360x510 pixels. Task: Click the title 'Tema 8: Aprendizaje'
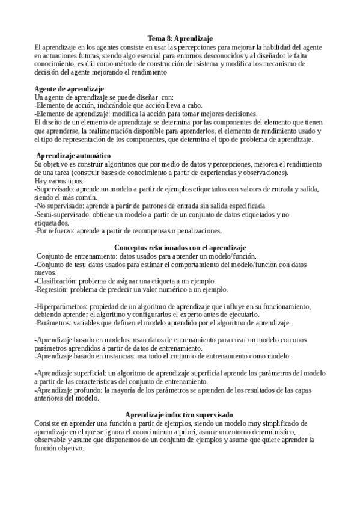click(x=180, y=38)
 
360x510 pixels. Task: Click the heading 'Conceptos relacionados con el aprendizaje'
click(x=180, y=248)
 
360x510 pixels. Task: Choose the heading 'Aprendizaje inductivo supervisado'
click(x=179, y=414)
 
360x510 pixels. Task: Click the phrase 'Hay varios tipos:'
click(x=59, y=181)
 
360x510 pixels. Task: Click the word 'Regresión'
click(x=53, y=289)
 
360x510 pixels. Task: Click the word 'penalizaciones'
click(x=198, y=230)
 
